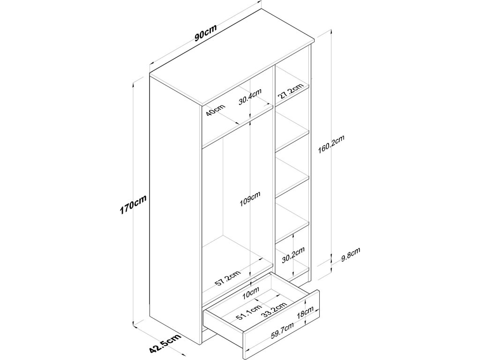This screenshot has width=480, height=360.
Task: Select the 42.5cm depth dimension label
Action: point(165,345)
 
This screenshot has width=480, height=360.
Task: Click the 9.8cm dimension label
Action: point(350,256)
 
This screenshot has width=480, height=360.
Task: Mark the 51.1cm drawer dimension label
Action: point(249,312)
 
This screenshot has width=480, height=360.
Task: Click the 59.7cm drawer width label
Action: point(282,334)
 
